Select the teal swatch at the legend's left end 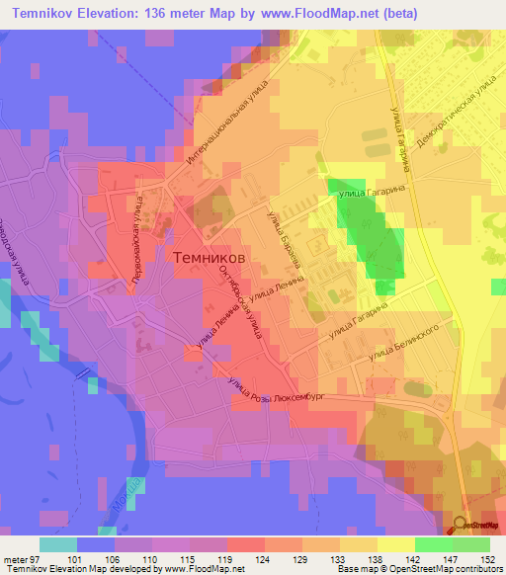57,544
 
